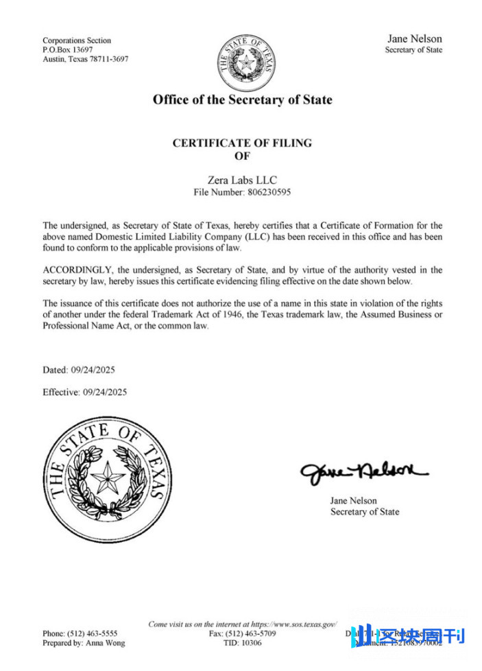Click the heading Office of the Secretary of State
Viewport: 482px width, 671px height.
pos(242,100)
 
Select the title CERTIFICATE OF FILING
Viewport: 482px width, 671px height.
pos(242,143)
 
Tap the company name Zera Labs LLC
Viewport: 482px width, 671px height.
pos(242,180)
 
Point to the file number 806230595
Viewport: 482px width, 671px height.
pos(267,193)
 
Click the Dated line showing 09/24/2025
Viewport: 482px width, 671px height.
pos(79,370)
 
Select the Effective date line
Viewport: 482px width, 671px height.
pos(84,392)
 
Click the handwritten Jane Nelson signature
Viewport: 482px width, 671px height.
pos(363,473)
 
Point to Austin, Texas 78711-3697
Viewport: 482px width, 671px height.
pos(85,59)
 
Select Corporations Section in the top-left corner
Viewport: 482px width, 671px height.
pos(77,40)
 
